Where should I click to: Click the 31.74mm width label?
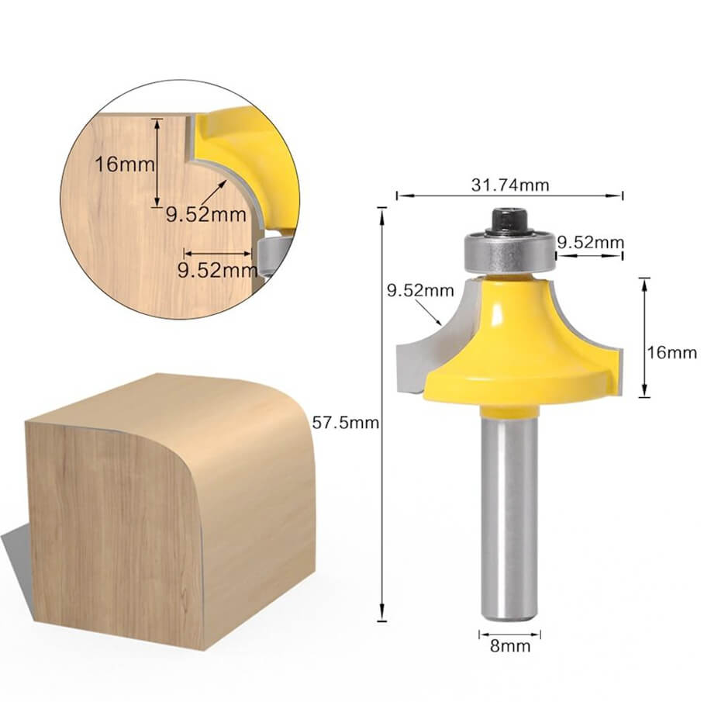pos(509,185)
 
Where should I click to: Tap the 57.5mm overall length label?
pos(345,423)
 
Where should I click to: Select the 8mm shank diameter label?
pos(509,645)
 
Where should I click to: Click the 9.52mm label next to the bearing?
pos(591,242)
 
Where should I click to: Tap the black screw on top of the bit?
pos(509,220)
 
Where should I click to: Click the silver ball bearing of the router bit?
pos(509,251)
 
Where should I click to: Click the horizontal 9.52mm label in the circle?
pos(216,270)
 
